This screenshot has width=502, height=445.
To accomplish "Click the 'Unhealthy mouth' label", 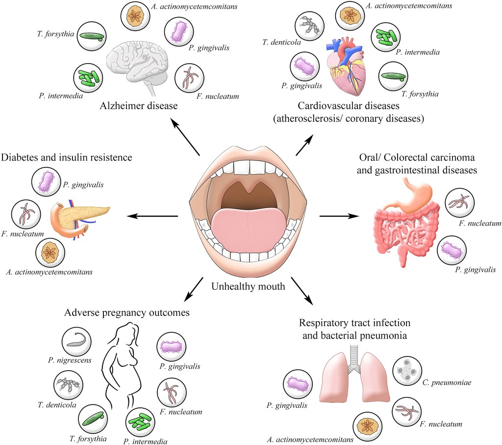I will tap(248, 286).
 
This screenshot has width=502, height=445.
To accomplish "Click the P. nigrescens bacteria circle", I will tap(77, 341).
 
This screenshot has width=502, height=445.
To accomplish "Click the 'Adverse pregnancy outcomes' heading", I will tap(126, 312).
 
